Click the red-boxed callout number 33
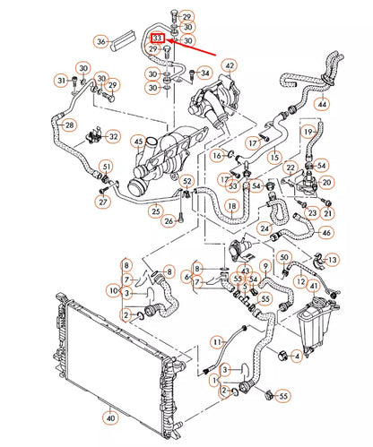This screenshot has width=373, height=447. pyautogui.click(x=158, y=39)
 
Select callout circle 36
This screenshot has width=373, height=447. pyautogui.click(x=101, y=41)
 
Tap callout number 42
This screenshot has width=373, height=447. pyautogui.click(x=229, y=65)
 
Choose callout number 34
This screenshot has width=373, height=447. pyautogui.click(x=205, y=73)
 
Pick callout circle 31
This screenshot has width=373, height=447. pyautogui.click(x=62, y=82)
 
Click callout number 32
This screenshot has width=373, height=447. pyautogui.click(x=113, y=136)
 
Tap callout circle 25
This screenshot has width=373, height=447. pyautogui.click(x=156, y=211)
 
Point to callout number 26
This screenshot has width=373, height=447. pyautogui.click(x=169, y=222)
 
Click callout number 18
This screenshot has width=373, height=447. pyautogui.click(x=233, y=208)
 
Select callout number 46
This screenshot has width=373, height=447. pyautogui.click(x=325, y=233)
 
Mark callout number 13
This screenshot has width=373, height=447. pyautogui.click(x=333, y=260)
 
